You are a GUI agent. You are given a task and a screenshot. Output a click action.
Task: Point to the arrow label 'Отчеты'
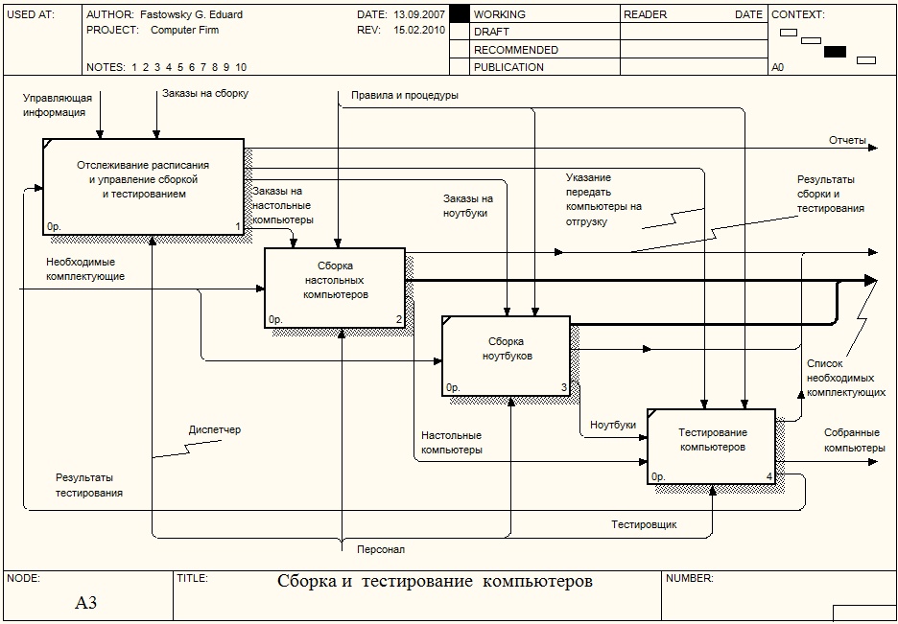pos(847,141)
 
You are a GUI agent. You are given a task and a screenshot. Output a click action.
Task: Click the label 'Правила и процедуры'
pos(404,96)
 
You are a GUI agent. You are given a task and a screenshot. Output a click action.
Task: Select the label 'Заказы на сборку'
pos(205,93)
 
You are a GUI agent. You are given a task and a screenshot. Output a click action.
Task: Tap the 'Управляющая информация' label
pos(58,104)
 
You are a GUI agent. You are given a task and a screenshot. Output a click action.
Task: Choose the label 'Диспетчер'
pos(215,430)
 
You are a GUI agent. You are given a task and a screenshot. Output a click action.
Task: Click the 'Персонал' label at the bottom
pos(381,549)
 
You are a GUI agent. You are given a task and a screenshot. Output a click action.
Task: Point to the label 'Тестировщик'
pos(644,524)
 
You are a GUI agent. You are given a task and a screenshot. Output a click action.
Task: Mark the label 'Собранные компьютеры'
pos(854,440)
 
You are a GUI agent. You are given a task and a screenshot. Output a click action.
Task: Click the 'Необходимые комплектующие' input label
pos(85,269)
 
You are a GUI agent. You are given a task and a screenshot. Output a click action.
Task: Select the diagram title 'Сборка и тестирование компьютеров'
pos(435,582)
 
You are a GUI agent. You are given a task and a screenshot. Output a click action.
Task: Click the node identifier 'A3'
pos(86,603)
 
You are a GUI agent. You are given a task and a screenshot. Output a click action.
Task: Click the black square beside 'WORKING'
pos(460,14)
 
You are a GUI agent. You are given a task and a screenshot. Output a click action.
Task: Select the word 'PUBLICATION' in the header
pos(508,67)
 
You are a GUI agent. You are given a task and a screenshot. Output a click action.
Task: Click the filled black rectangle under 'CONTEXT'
pos(835,52)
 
